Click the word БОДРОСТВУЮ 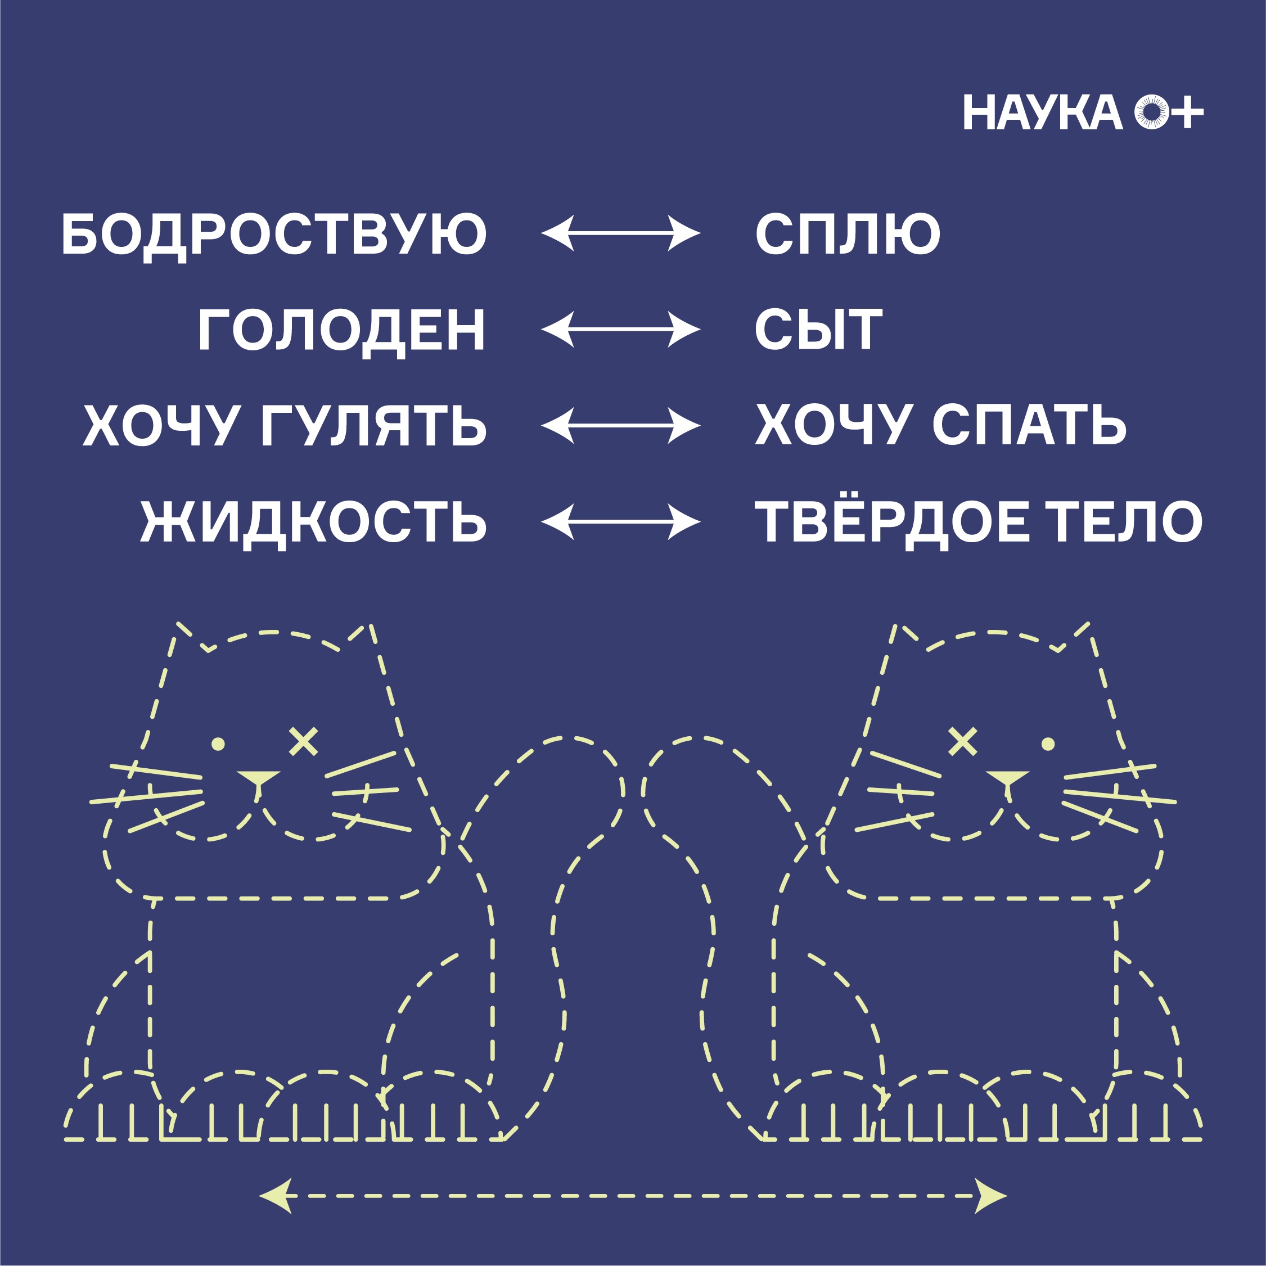[274, 235]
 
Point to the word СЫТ [818, 330]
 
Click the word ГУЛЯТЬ [373, 426]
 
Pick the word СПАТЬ [1029, 426]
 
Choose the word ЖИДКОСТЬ [313, 523]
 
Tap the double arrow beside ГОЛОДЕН [620, 330]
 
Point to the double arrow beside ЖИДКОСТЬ [620, 522]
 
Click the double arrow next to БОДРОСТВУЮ [620, 233]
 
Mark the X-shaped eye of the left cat [303, 742]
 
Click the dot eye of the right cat [1048, 744]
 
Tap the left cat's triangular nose [258, 778]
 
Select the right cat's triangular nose [1008, 778]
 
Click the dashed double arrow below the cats [633, 1195]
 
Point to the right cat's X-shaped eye [963, 742]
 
